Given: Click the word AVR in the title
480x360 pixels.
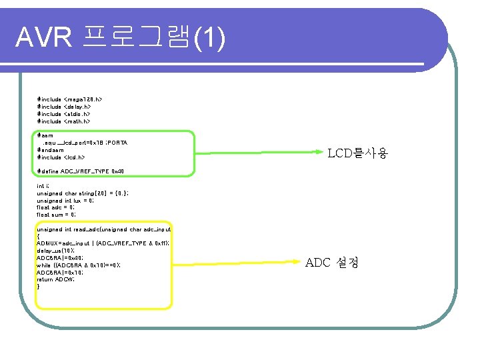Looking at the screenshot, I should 43,39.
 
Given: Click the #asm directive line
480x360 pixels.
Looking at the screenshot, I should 45,135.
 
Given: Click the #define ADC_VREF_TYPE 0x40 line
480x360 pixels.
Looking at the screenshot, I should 80,172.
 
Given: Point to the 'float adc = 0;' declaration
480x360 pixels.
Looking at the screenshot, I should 56,207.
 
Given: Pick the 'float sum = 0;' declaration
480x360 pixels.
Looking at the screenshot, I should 56,215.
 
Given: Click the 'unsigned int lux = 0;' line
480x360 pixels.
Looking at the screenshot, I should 65,200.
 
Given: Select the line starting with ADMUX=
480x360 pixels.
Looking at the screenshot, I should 103,243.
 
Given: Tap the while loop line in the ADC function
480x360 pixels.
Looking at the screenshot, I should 79,265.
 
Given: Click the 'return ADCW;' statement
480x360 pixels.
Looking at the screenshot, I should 55,280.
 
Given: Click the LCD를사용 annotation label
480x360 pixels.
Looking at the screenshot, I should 357,154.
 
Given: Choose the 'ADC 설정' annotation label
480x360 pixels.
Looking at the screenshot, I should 332,263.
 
